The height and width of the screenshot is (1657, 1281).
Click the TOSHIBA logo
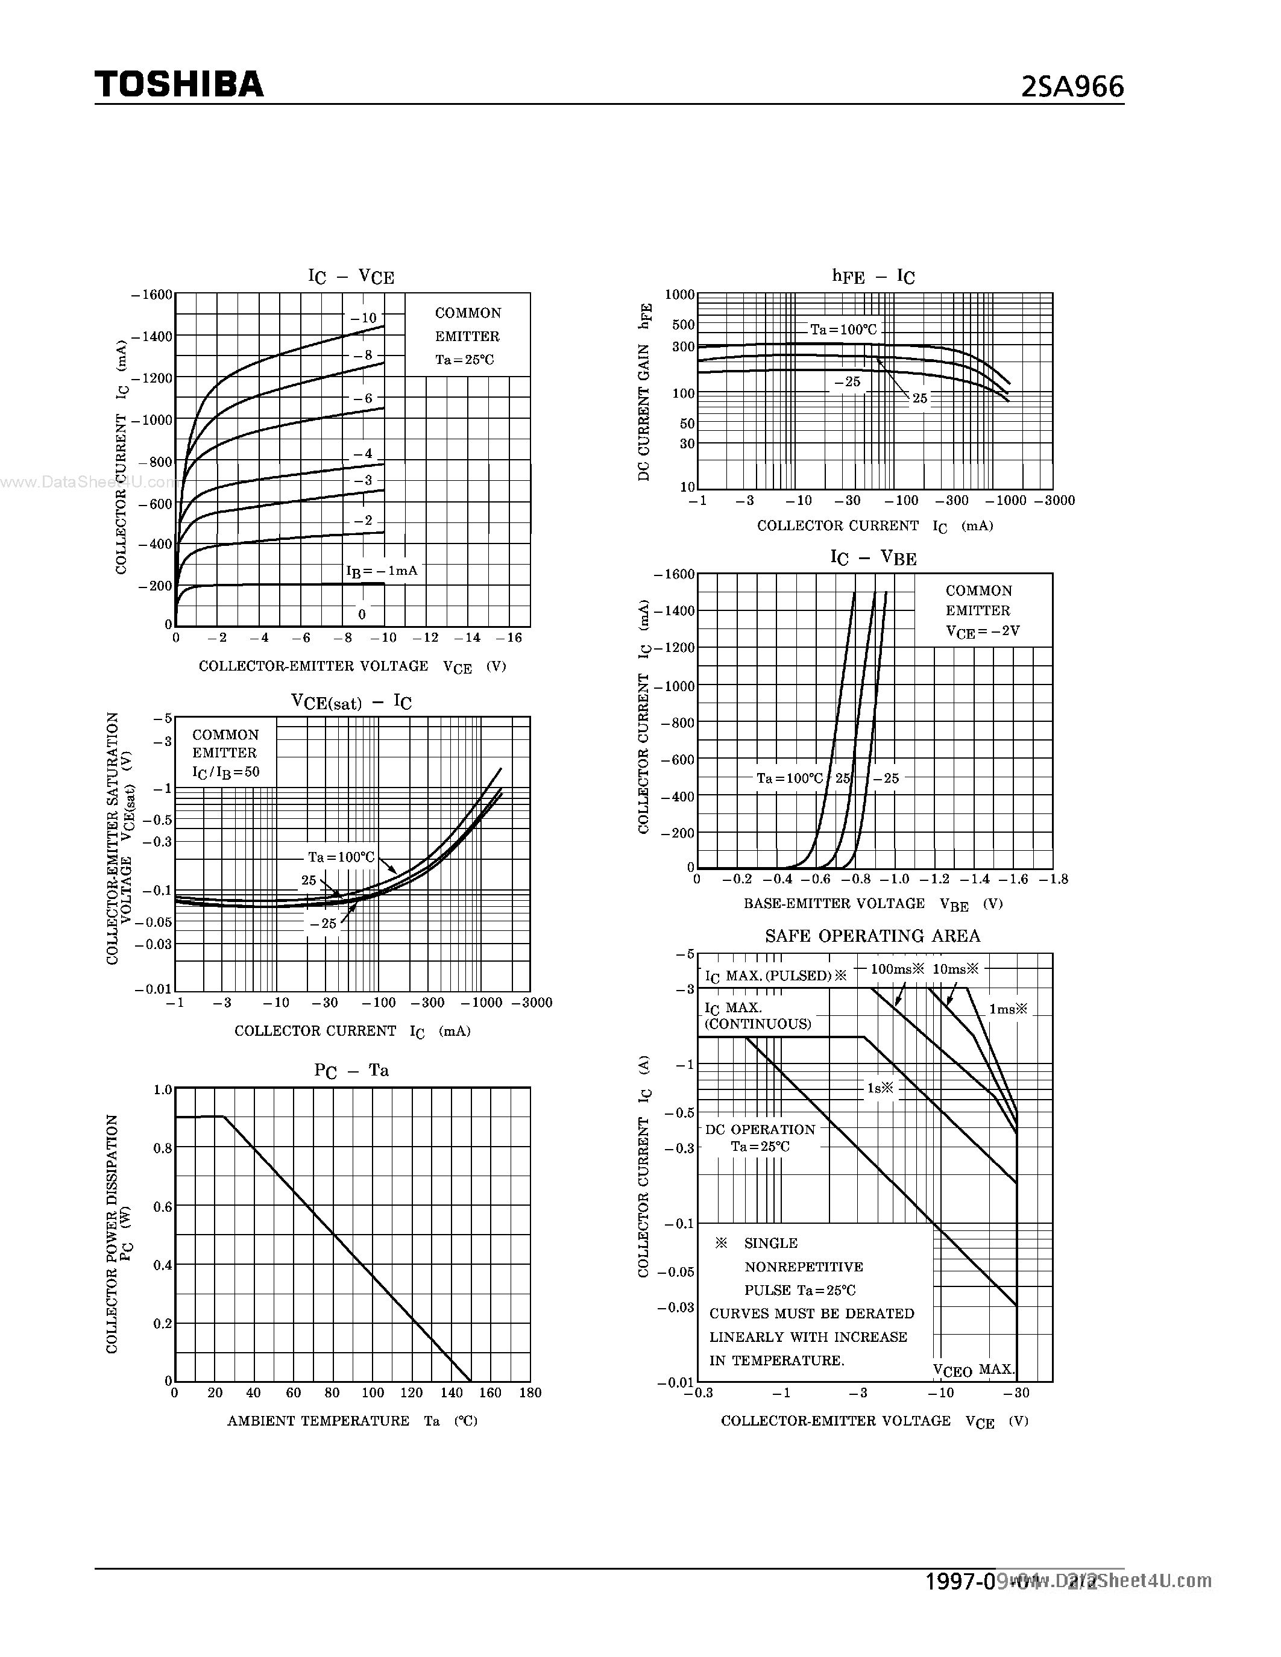click(x=179, y=84)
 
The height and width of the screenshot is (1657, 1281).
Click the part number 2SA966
click(x=1072, y=87)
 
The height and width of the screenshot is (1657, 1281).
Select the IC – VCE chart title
click(x=351, y=276)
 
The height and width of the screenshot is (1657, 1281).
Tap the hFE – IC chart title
click(x=873, y=276)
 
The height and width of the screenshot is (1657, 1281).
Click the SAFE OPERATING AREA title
click(x=873, y=936)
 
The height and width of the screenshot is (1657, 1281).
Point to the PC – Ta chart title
click(x=351, y=1071)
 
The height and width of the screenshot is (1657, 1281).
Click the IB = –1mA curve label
click(x=382, y=571)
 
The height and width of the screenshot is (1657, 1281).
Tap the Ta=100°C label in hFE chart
click(x=843, y=329)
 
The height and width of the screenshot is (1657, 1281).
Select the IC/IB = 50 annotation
click(x=225, y=772)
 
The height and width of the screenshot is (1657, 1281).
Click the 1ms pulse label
click(x=1008, y=1009)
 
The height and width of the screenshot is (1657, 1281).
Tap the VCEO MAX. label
click(x=974, y=1370)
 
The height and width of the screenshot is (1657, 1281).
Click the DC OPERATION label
click(x=760, y=1129)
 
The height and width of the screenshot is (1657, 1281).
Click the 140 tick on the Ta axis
click(x=452, y=1392)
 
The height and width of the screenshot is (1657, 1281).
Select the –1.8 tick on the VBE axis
click(x=1053, y=879)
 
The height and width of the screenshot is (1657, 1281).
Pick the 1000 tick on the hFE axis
click(x=680, y=295)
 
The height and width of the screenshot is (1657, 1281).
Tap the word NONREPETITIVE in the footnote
click(x=804, y=1267)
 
